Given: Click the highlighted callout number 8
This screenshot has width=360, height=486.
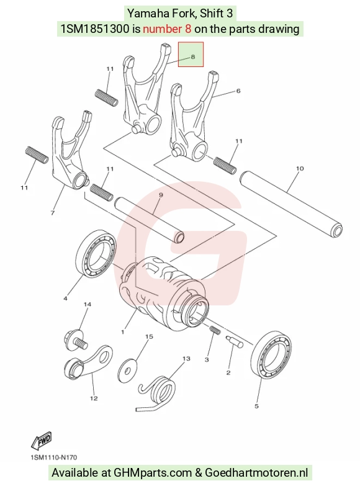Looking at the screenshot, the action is [x=193, y=56].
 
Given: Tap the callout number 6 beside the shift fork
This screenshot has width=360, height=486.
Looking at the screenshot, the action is [x=238, y=91].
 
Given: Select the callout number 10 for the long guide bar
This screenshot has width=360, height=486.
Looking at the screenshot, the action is [x=300, y=169].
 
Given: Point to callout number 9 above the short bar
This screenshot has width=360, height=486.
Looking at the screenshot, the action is [x=161, y=195].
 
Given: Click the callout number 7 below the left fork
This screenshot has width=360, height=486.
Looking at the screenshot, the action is [x=52, y=213].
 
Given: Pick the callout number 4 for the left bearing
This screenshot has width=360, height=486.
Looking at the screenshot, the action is [x=65, y=299].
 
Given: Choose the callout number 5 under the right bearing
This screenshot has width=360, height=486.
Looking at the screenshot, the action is [x=256, y=406].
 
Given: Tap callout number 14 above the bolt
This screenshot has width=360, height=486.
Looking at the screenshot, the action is [x=88, y=304].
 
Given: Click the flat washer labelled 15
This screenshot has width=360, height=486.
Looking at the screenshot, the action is [x=127, y=368].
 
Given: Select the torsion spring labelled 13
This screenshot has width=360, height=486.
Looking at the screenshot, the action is [x=156, y=394].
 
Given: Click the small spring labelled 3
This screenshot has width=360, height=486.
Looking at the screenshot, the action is [x=215, y=330].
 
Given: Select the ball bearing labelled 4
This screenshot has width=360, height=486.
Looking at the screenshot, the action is [x=96, y=254].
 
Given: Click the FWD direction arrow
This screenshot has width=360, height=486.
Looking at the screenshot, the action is [x=42, y=441].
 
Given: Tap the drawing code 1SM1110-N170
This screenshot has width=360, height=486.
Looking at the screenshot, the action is [x=53, y=457].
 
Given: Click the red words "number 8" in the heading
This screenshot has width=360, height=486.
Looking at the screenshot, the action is [x=167, y=29].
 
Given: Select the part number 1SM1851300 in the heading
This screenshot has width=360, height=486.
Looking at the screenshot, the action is [x=95, y=29].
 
